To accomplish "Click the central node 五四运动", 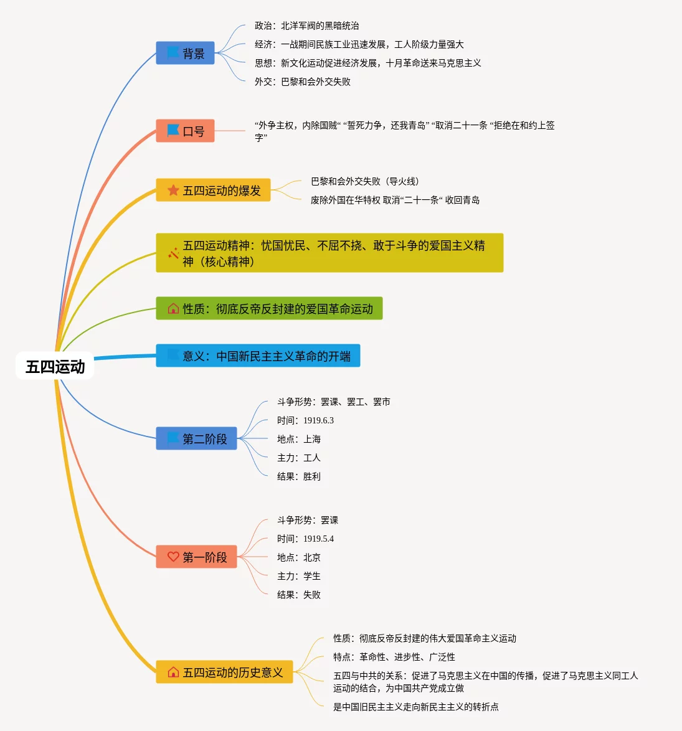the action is [55, 366].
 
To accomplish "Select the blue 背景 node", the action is [185, 54].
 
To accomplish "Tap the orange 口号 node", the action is [185, 131].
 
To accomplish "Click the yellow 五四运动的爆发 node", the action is [213, 190].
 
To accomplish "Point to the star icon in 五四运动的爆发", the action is [173, 190].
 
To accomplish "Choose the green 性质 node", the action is [269, 308].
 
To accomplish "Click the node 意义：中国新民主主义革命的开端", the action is [258, 356].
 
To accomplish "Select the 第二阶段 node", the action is [196, 438].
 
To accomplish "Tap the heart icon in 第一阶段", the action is [173, 557].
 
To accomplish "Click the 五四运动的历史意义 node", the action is [224, 672].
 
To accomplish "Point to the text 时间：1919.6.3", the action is [305, 420].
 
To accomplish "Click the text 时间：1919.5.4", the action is [305, 539].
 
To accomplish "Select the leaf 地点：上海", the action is [299, 439].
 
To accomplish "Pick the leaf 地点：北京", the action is [299, 557].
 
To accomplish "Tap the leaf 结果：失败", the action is [299, 595].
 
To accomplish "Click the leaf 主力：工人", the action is [299, 458].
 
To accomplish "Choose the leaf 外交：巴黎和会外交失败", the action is [303, 82].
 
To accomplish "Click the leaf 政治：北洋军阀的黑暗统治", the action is [306, 26].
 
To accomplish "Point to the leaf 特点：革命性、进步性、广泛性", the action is [394, 657].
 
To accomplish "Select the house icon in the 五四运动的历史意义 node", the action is [173, 672].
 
